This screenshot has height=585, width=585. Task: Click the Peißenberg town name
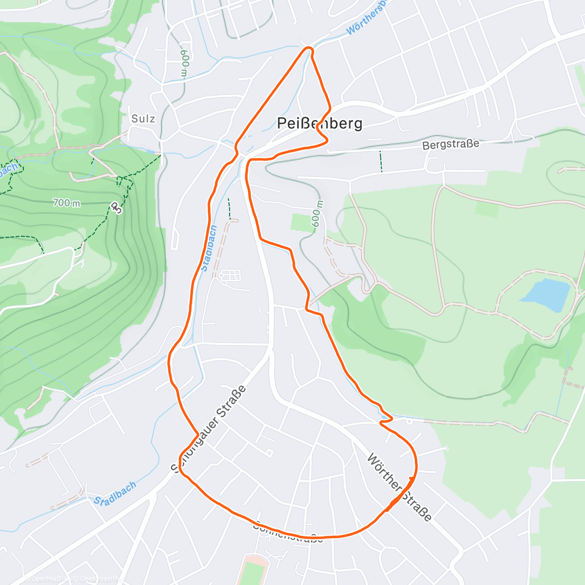319,123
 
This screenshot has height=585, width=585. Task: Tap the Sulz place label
143,118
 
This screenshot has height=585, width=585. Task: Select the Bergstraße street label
450,144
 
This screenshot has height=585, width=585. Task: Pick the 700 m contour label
67,202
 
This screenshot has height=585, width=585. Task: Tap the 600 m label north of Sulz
184,62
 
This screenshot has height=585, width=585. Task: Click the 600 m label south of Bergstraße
316,214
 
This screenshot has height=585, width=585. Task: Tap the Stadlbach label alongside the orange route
209,248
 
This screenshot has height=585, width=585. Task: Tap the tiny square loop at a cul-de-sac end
270,453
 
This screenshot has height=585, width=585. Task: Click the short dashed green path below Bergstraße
381,161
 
